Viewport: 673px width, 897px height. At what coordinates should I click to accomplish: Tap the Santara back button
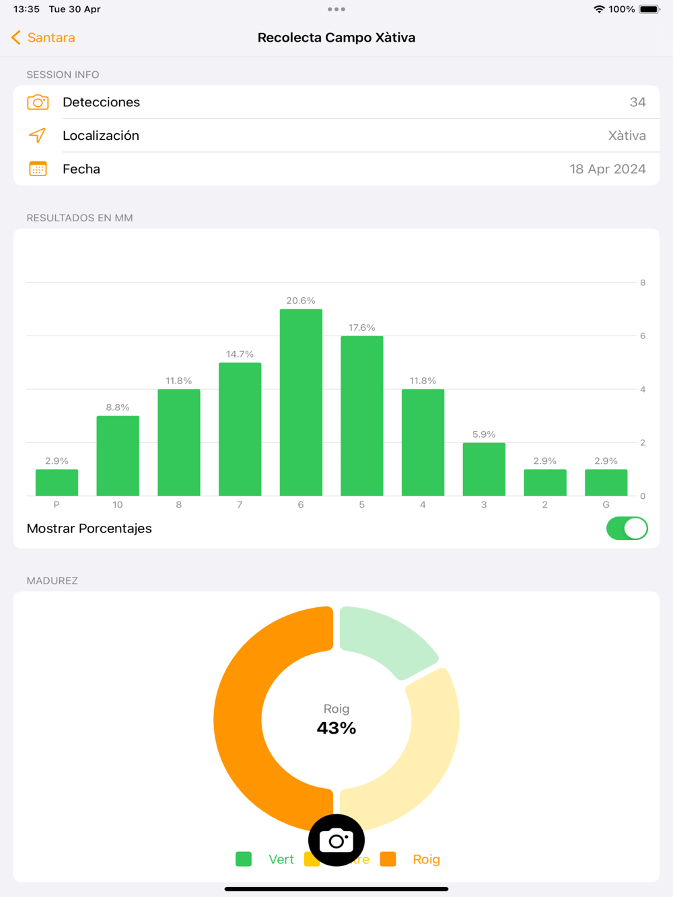[x=44, y=38]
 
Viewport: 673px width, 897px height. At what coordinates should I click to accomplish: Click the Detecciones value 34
[x=637, y=102]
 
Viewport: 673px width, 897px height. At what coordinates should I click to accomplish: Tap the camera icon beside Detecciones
[x=38, y=102]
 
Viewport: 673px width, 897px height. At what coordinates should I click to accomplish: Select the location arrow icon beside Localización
[x=38, y=135]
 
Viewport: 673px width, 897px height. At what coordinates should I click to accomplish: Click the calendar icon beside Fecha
[x=38, y=169]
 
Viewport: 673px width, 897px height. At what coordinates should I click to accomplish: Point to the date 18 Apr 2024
[x=607, y=169]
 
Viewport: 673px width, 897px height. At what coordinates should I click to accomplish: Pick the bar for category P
[x=57, y=482]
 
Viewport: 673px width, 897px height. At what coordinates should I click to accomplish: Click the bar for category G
[x=606, y=482]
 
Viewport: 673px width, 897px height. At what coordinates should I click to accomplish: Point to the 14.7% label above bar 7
[x=240, y=354]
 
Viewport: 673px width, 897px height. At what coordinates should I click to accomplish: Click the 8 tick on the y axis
[x=643, y=282]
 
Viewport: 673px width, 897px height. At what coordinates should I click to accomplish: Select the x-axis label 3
[x=484, y=504]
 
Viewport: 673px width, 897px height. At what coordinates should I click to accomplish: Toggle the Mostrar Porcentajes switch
[x=627, y=529]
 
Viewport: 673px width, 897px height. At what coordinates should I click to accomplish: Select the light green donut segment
[x=384, y=638]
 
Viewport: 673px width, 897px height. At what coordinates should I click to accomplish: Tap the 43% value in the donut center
[x=336, y=728]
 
